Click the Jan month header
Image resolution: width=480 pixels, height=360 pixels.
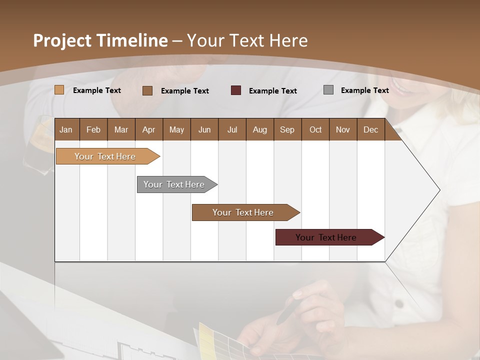coord(66,129)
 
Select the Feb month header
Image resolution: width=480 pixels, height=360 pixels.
coord(93,129)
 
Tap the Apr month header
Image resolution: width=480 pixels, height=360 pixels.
coord(148,129)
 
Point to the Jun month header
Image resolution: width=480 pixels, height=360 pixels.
coord(204,129)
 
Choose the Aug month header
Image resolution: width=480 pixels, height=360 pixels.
coord(259,129)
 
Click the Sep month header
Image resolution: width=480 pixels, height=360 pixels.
coord(287,129)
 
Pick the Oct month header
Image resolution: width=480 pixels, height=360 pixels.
coord(315,129)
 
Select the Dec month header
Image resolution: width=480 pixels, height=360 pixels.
coord(370,129)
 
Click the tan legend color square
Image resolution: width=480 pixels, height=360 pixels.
coord(59,90)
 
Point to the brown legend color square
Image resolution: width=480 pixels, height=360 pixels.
coord(147,90)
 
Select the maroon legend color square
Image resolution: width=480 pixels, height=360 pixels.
coord(236,90)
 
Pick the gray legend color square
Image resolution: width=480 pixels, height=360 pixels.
coord(328,90)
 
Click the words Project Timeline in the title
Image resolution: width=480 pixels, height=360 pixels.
coord(100,40)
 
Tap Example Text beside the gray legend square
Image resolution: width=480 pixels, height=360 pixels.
coord(364,90)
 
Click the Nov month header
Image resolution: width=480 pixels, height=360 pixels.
coord(342,129)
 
